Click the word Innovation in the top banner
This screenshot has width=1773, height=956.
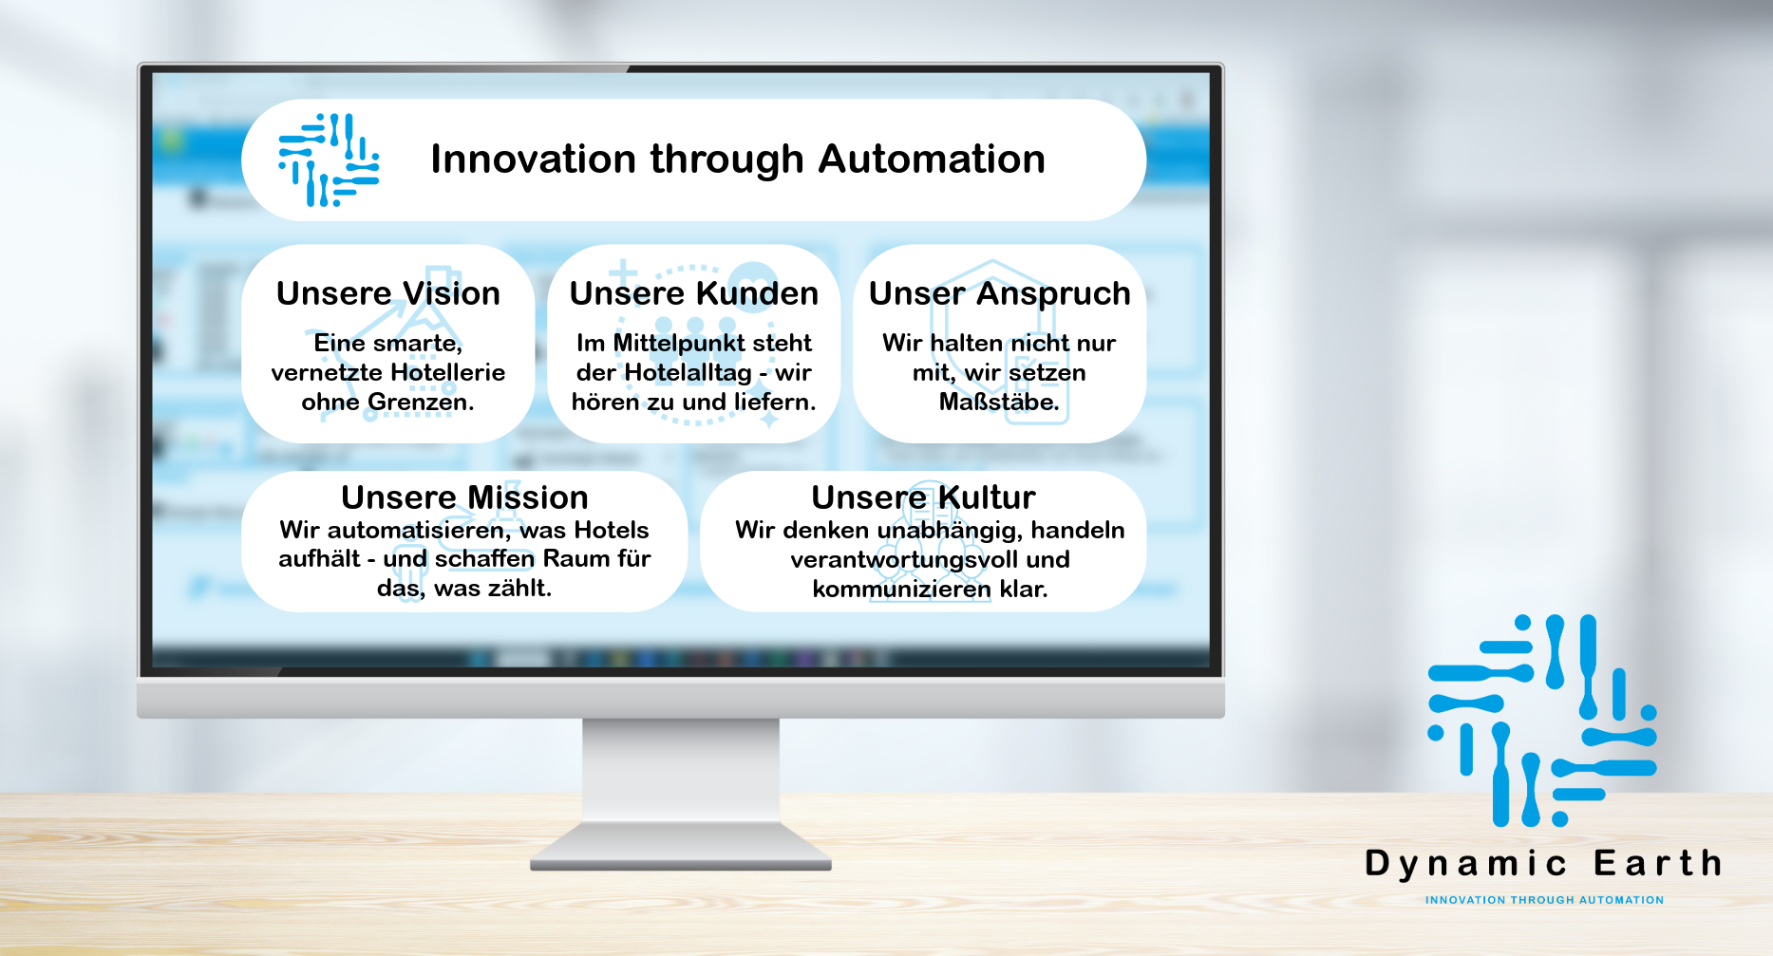[x=534, y=159]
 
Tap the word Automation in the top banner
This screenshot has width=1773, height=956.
[x=932, y=159]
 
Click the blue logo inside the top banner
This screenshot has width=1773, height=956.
[x=329, y=159]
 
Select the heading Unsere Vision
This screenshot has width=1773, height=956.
[x=388, y=293]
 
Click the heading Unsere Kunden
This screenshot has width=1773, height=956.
[x=694, y=293]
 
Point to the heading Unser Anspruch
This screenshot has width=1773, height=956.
[x=1000, y=294]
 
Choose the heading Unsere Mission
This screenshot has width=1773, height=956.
[x=464, y=497]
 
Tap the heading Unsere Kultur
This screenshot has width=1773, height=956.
[x=923, y=497]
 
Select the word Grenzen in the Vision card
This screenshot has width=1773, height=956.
[x=421, y=402]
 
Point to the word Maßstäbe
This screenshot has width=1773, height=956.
[x=999, y=402]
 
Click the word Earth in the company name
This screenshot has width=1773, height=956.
[x=1658, y=863]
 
